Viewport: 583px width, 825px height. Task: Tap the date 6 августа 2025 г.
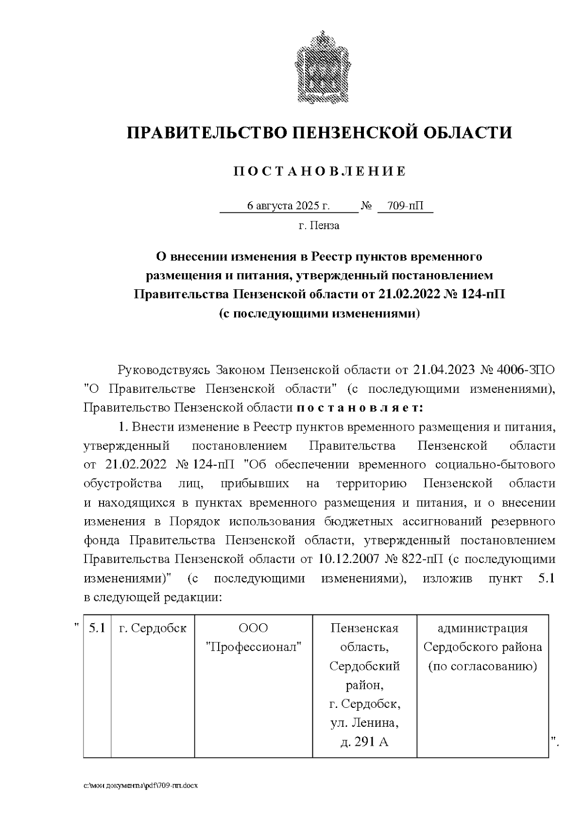click(x=288, y=206)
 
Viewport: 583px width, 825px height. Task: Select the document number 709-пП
click(x=406, y=206)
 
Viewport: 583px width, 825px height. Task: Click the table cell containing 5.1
click(x=97, y=628)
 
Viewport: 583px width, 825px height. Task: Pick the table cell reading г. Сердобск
click(x=153, y=628)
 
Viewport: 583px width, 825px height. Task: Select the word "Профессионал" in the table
click(x=254, y=647)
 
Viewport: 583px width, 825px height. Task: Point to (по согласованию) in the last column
click(x=482, y=666)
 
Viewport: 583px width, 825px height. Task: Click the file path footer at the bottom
click(x=141, y=785)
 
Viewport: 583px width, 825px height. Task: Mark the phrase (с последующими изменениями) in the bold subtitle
click(x=319, y=314)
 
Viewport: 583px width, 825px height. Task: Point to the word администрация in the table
click(x=482, y=628)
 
